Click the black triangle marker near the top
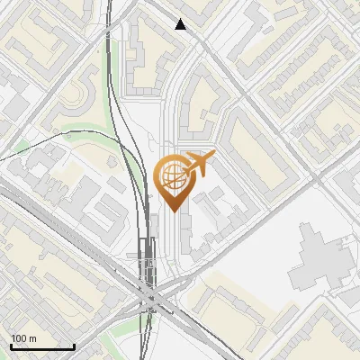[x=181, y=24]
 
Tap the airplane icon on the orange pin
[x=198, y=165]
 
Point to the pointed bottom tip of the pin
[x=173, y=211]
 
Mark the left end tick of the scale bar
[x=10, y=346]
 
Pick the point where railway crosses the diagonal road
[x=148, y=294]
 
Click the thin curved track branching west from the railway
[x=63, y=135]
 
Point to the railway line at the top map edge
[x=110, y=4]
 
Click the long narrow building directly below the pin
[x=184, y=236]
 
